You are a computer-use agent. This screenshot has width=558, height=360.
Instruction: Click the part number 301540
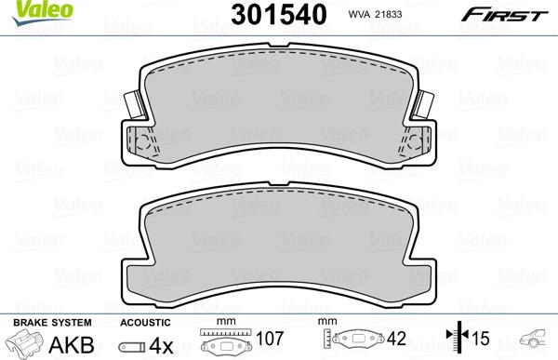279,15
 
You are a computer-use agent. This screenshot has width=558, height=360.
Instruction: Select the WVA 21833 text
375,14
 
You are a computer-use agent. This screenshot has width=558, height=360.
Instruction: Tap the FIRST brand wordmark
504,16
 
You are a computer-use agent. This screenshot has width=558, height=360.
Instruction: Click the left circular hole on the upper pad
143,142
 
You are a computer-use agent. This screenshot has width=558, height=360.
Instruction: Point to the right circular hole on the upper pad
415,142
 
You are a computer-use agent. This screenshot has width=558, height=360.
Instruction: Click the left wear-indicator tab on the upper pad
135,105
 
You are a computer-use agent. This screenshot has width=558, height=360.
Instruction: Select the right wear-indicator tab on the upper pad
423,105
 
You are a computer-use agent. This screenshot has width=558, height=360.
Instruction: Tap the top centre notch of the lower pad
279,183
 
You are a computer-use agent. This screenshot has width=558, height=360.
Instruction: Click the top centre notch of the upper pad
279,45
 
